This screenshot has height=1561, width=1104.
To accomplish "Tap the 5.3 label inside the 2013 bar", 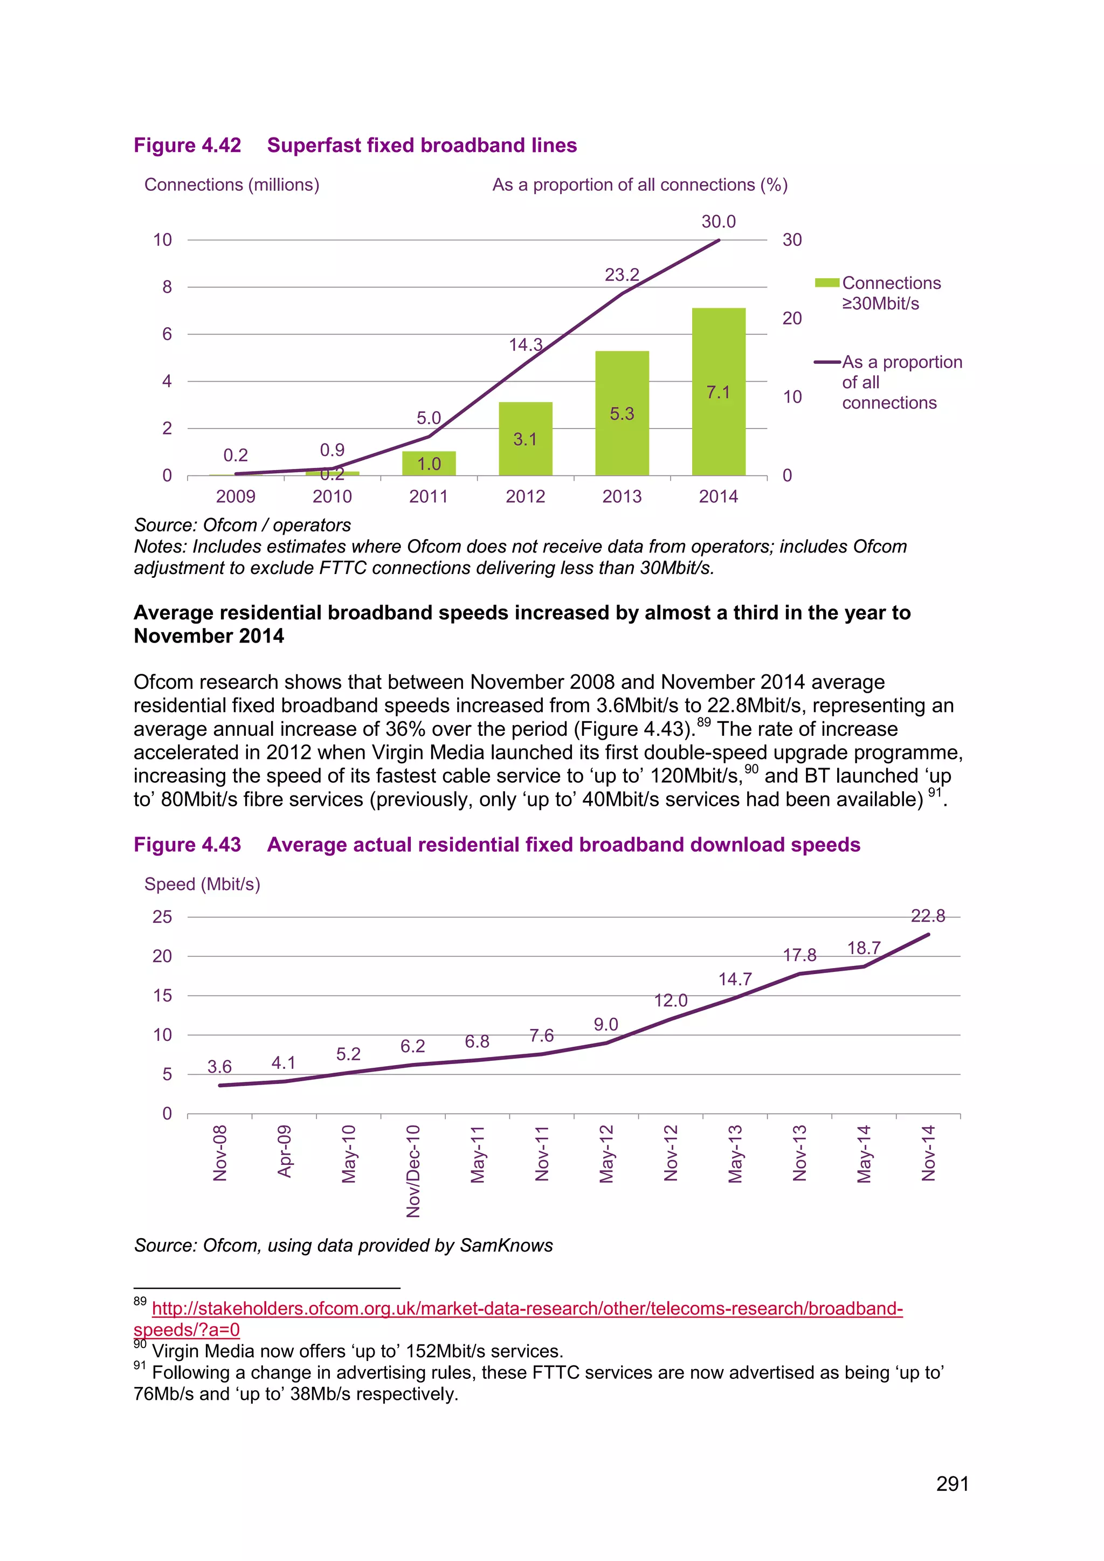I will (622, 413).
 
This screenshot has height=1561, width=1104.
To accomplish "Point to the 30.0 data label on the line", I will (719, 222).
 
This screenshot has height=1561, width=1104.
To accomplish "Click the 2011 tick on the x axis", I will (428, 496).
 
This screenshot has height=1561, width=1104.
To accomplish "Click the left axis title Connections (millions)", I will (232, 185).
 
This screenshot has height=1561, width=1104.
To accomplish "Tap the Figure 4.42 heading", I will (355, 146).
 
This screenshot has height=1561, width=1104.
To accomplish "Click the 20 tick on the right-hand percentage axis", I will (792, 318).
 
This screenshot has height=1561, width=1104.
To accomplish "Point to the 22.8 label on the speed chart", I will (927, 916).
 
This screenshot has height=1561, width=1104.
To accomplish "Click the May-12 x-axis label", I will (606, 1154).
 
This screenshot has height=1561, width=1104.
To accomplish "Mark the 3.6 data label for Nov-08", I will (219, 1067).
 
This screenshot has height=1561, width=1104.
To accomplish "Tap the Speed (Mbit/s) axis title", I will (203, 884).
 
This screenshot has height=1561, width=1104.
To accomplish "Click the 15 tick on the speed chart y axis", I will (162, 996).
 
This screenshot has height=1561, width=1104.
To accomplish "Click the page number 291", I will (952, 1483).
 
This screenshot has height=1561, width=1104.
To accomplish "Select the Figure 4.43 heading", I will (496, 845).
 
